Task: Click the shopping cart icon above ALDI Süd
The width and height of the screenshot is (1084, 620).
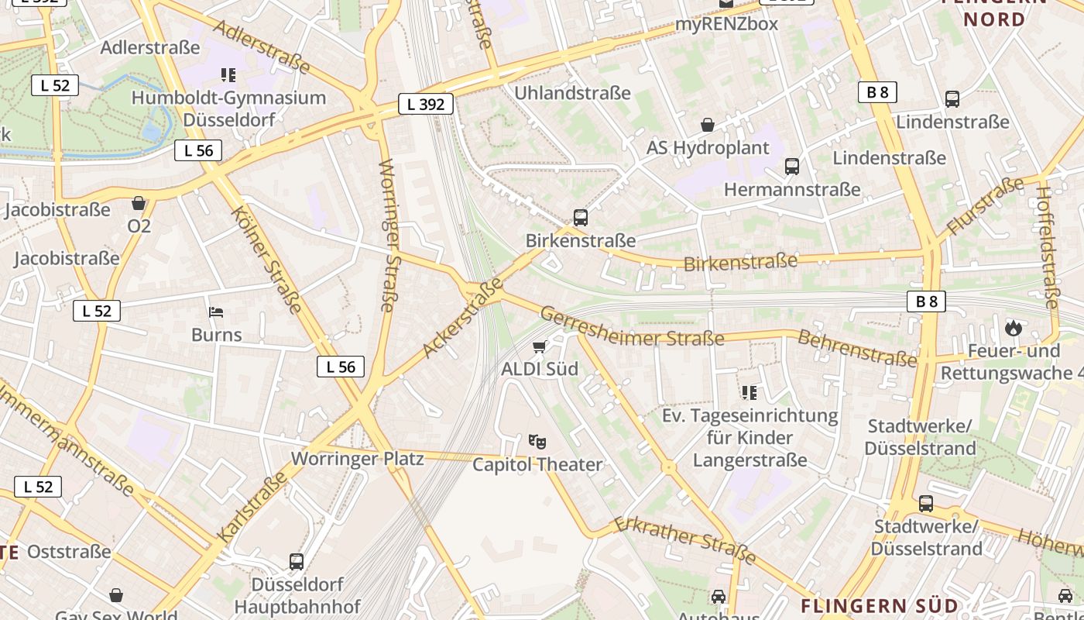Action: [539, 346]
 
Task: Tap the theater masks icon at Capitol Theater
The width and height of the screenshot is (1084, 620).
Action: [537, 442]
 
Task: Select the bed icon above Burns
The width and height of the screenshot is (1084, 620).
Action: [217, 313]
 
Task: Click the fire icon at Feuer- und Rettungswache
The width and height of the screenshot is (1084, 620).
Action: [1014, 328]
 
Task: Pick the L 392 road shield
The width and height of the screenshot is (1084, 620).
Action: [425, 103]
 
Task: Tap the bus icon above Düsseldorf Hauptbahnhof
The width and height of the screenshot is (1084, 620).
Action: [297, 562]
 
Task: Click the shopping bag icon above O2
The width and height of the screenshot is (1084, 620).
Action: [139, 204]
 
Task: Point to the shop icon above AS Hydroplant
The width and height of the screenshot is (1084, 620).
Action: [708, 125]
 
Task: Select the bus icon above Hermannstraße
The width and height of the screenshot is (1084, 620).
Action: [792, 167]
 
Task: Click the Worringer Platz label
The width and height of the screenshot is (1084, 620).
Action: [358, 459]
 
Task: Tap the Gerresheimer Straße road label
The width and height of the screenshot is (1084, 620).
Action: [632, 326]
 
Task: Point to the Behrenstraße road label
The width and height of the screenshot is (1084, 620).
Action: [857, 348]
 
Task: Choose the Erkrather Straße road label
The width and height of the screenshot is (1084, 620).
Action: [684, 539]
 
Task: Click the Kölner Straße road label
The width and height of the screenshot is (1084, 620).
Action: [266, 260]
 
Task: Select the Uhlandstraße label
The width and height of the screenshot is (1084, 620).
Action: [573, 93]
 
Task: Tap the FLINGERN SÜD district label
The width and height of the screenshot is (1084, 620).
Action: [880, 605]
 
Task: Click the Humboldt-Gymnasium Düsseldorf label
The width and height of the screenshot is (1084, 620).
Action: [228, 108]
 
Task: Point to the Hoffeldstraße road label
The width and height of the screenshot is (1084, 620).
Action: [1048, 247]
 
